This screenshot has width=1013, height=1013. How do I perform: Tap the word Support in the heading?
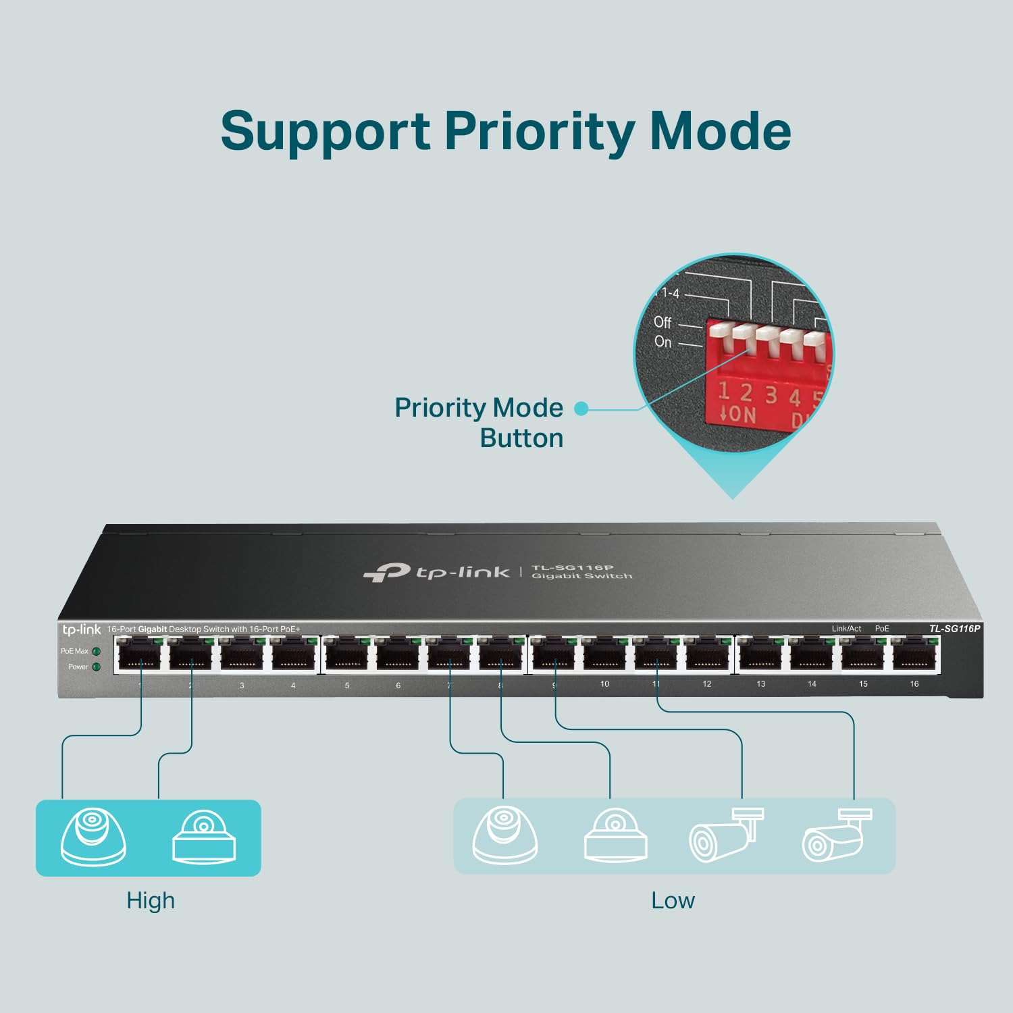pyautogui.click(x=326, y=131)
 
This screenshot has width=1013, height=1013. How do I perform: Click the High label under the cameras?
pyautogui.click(x=151, y=900)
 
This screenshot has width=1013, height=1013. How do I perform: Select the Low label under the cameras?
pyautogui.click(x=673, y=900)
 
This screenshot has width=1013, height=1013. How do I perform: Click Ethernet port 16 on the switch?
pyautogui.click(x=915, y=654)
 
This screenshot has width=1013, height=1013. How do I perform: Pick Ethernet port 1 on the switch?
pyautogui.click(x=140, y=655)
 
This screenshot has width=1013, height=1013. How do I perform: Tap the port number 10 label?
pyautogui.click(x=604, y=684)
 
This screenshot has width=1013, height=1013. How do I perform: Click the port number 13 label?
pyautogui.click(x=761, y=684)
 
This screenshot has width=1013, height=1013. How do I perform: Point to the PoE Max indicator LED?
pyautogui.click(x=97, y=652)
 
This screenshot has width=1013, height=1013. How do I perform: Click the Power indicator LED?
pyautogui.click(x=97, y=667)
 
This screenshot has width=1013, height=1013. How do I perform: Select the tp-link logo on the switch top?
pyautogui.click(x=437, y=573)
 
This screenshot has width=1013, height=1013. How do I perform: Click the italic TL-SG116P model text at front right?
pyautogui.click(x=954, y=629)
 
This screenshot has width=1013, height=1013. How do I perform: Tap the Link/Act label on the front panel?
pyautogui.click(x=846, y=629)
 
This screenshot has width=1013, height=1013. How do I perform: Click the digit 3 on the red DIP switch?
pyautogui.click(x=771, y=394)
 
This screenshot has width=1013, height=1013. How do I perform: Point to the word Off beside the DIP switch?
pyautogui.click(x=663, y=322)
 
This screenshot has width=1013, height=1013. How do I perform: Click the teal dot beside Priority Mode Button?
pyautogui.click(x=581, y=408)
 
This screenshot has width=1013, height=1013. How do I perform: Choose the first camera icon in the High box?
pyautogui.click(x=93, y=836)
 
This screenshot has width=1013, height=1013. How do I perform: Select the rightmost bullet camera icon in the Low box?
pyautogui.click(x=836, y=836)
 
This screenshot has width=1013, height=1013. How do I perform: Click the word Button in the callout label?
pyautogui.click(x=521, y=438)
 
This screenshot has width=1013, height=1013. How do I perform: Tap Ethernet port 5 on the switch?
pyautogui.click(x=347, y=655)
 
